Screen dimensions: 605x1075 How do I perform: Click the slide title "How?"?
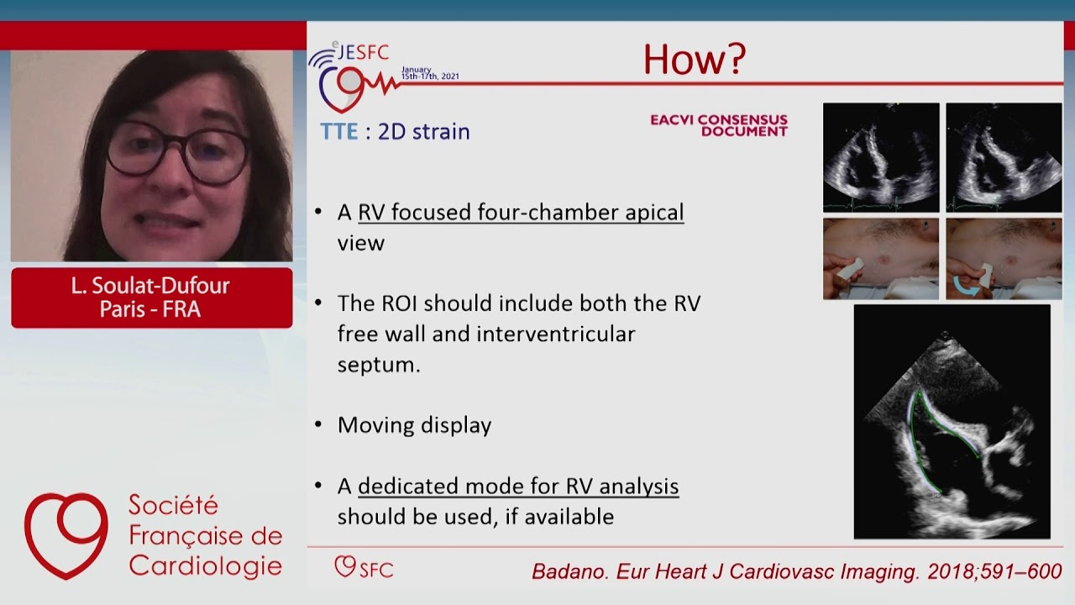[694, 60]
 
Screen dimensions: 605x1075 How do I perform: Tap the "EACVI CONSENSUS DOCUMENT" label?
[719, 125]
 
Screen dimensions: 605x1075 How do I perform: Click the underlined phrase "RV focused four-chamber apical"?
[521, 213]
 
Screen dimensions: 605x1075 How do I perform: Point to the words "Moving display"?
[414, 425]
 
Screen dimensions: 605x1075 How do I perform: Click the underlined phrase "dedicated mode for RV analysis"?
[518, 487]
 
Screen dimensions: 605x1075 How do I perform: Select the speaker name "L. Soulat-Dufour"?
[150, 286]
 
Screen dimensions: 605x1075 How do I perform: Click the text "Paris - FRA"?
[150, 309]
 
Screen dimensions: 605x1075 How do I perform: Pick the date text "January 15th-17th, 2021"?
[429, 73]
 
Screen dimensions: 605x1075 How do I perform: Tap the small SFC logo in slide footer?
[363, 567]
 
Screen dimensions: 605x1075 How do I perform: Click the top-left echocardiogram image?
[881, 157]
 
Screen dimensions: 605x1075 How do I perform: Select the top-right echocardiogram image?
[1004, 157]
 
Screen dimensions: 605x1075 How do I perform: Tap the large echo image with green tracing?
[952, 422]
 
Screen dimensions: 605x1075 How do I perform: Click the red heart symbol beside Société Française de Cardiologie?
[66, 535]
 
